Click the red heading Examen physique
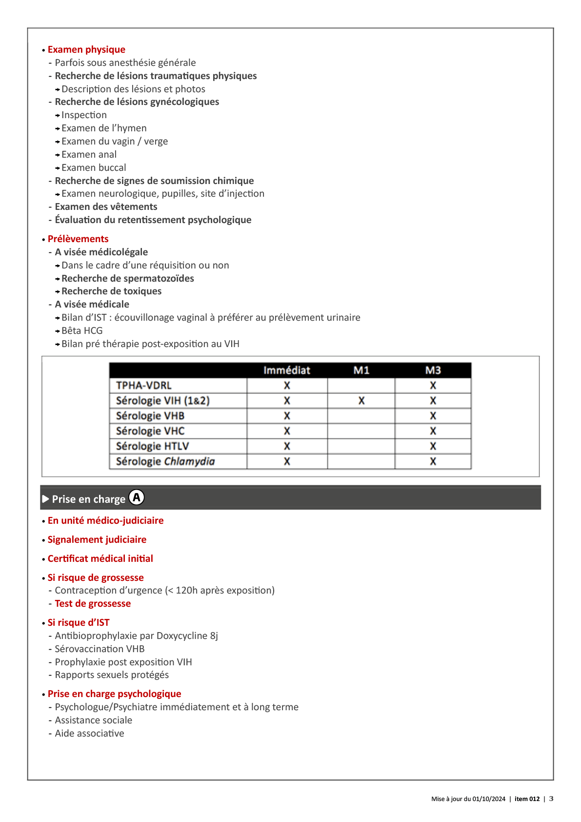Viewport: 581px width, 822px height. pos(86,50)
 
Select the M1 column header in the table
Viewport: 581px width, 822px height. pos(361,370)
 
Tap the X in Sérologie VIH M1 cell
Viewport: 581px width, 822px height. pos(361,401)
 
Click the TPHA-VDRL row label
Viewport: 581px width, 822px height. pos(144,386)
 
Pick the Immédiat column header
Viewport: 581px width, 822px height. pos(287,370)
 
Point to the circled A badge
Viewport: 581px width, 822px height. pos(137,497)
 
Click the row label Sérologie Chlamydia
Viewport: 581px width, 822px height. pos(165,462)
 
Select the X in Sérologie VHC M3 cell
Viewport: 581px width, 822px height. pos(433,431)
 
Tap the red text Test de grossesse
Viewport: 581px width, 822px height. pos(93,604)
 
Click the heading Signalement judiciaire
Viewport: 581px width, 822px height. pos(97,540)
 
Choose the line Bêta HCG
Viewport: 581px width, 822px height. pos(82,331)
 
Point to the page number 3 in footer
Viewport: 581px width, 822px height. pos(551,799)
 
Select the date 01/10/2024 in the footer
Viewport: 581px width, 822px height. pos(489,799)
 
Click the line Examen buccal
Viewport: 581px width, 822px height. pos(94,168)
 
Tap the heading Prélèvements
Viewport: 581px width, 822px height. pos(78,239)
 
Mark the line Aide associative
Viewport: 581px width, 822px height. pos(89,734)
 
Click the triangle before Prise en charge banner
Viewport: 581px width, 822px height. pos(46,499)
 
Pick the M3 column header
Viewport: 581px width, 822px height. pos(433,370)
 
